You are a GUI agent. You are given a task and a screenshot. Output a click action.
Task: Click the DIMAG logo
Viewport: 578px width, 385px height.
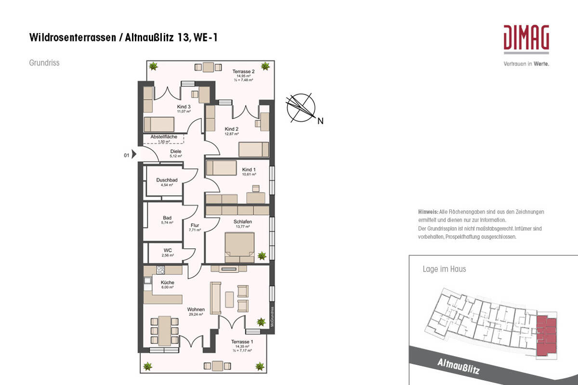click(526, 38)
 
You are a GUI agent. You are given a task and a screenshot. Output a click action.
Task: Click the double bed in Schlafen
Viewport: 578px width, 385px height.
click(239, 247)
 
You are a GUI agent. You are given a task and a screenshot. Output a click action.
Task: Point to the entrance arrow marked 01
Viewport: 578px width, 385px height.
click(134, 155)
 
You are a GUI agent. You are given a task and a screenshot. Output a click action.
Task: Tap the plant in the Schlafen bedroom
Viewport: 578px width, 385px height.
click(262, 256)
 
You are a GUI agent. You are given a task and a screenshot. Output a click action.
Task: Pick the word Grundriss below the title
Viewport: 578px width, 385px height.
click(44, 63)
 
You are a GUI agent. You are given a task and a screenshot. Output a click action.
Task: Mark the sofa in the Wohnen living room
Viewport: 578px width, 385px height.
click(215, 295)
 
